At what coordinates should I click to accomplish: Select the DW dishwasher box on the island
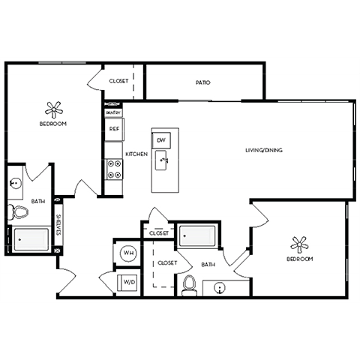click(161, 139)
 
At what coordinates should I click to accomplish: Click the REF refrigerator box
click(114, 129)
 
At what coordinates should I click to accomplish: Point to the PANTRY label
click(114, 112)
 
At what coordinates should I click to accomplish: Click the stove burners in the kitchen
click(114, 169)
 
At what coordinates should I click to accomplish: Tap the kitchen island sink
click(162, 159)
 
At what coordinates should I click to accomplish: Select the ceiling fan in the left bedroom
click(53, 109)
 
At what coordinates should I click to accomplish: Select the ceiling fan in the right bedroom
click(299, 244)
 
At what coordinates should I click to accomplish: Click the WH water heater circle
click(127, 253)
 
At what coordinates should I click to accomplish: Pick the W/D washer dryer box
click(127, 283)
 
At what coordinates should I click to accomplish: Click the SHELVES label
click(58, 226)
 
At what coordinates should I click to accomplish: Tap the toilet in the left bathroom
click(16, 212)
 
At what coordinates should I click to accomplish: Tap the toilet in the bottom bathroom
click(190, 284)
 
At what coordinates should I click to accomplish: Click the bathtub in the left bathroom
click(30, 241)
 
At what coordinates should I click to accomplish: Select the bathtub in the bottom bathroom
click(198, 237)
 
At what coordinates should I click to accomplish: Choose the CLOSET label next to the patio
click(118, 81)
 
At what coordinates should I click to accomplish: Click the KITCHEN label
click(136, 154)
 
